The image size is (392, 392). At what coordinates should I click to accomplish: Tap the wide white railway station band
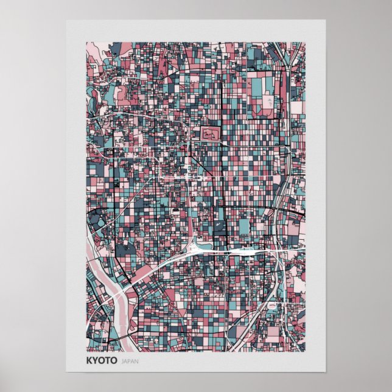[x=243, y=250]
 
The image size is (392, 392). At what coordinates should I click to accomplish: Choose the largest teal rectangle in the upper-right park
[x=255, y=86]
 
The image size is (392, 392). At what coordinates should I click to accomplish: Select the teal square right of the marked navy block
[x=243, y=226]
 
